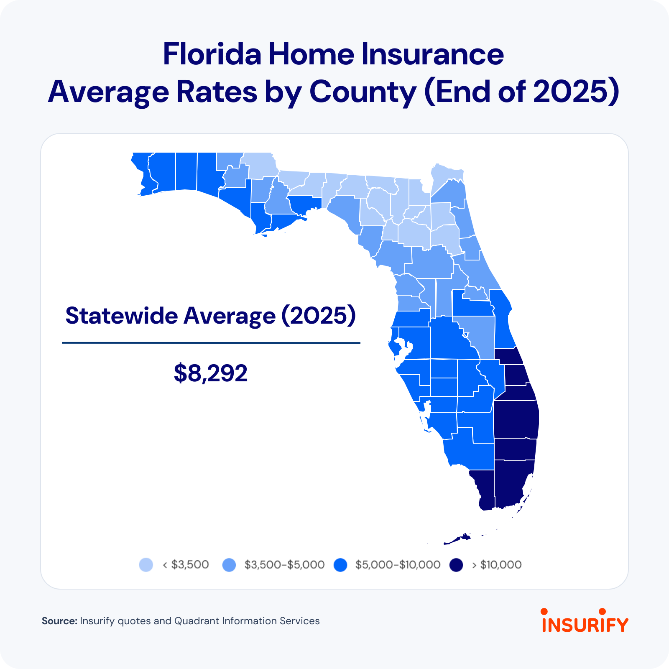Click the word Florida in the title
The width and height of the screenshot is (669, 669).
[x=212, y=54]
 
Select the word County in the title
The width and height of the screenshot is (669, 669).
[x=363, y=92]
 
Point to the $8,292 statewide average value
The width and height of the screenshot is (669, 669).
[x=211, y=373]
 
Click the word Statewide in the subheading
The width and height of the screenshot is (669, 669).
[x=122, y=316]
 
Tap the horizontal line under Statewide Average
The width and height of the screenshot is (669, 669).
[x=211, y=343]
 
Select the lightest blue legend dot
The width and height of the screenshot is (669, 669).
[x=146, y=565]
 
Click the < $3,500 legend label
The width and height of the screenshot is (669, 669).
[x=186, y=565]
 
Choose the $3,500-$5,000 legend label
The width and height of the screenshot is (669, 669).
[x=285, y=565]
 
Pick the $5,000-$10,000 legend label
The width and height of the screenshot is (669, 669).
[x=398, y=565]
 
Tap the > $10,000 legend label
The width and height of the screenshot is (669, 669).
[x=497, y=565]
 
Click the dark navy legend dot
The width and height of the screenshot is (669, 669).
[x=457, y=565]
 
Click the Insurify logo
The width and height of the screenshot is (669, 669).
[x=585, y=620]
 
